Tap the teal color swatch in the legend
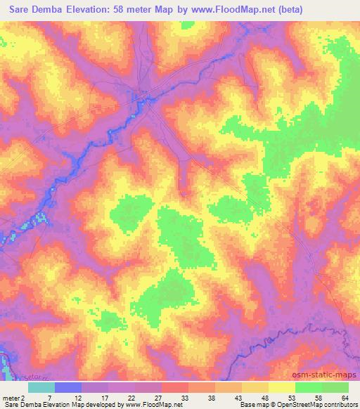[x=41, y=387]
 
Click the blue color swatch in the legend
[x=68, y=387]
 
